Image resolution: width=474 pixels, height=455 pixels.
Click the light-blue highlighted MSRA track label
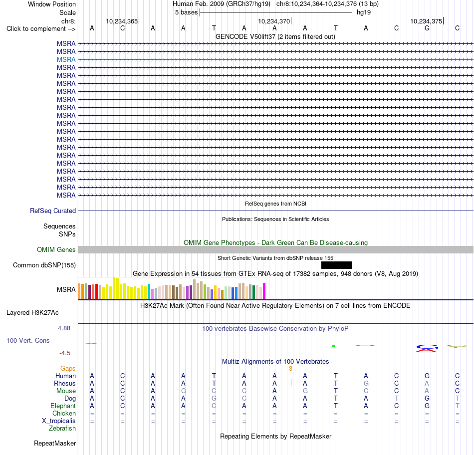[66, 59]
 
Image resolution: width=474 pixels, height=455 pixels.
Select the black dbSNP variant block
[336, 265]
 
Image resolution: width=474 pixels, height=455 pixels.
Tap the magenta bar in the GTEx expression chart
[264, 291]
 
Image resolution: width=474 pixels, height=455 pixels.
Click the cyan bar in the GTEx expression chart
[149, 291]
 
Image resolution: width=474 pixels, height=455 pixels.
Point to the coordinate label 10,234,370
[274, 21]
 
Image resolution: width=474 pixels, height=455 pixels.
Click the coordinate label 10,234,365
[122, 21]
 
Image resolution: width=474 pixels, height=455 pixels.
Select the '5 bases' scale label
[186, 12]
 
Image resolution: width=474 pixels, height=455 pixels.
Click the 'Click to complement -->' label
[41, 29]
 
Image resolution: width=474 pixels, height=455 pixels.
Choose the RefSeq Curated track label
[53, 211]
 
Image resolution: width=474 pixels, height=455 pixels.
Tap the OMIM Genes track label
[56, 250]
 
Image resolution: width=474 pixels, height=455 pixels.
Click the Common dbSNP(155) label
[44, 265]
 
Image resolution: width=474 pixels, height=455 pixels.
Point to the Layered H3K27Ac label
[32, 313]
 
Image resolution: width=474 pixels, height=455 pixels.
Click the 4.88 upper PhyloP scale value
[64, 328]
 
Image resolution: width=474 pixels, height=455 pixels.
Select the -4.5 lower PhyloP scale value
[65, 353]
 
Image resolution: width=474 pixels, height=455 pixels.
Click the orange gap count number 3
[290, 368]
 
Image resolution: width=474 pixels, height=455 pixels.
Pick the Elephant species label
[63, 406]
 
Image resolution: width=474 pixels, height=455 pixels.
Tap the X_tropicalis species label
[59, 421]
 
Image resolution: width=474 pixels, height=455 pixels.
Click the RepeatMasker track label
[55, 443]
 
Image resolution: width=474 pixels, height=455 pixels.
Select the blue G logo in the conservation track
[427, 346]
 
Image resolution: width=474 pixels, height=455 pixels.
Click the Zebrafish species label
[62, 429]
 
